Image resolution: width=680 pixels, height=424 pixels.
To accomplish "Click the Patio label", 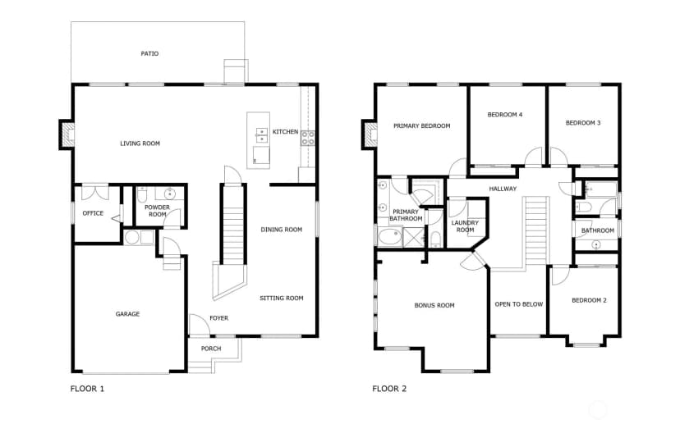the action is point(149,53).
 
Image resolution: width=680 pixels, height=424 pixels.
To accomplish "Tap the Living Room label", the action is point(140,144).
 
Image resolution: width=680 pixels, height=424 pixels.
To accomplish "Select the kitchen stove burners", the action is point(308,138).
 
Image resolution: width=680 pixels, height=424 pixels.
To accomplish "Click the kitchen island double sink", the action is point(261,135).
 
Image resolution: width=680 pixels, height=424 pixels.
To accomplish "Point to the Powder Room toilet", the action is point(142,195).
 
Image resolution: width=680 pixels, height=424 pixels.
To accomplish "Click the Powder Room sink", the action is point(169,194).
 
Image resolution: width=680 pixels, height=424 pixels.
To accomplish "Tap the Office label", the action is point(93,213).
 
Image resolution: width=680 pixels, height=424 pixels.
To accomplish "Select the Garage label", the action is point(127,314).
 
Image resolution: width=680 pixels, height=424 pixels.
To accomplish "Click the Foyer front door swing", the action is point(198,324).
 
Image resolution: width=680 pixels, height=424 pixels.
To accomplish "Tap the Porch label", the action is point(211,349).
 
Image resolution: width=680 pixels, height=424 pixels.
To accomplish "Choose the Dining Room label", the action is point(282,230).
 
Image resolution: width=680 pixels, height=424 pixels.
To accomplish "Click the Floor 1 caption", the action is point(87,389).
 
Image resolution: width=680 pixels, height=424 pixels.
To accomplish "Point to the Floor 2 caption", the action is point(389,389).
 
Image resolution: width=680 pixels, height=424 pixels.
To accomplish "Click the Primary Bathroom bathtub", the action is point(389,238).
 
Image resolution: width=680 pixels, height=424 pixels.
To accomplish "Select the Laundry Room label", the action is point(465,226).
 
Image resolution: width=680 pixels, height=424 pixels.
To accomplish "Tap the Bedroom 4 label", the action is point(505,115).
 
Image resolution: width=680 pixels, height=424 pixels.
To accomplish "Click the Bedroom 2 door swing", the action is point(560,275).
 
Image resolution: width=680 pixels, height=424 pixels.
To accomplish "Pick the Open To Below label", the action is point(519,304).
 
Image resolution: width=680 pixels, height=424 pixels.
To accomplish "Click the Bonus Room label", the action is point(434,305).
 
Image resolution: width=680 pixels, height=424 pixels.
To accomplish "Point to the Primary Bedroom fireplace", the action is point(370,134).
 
